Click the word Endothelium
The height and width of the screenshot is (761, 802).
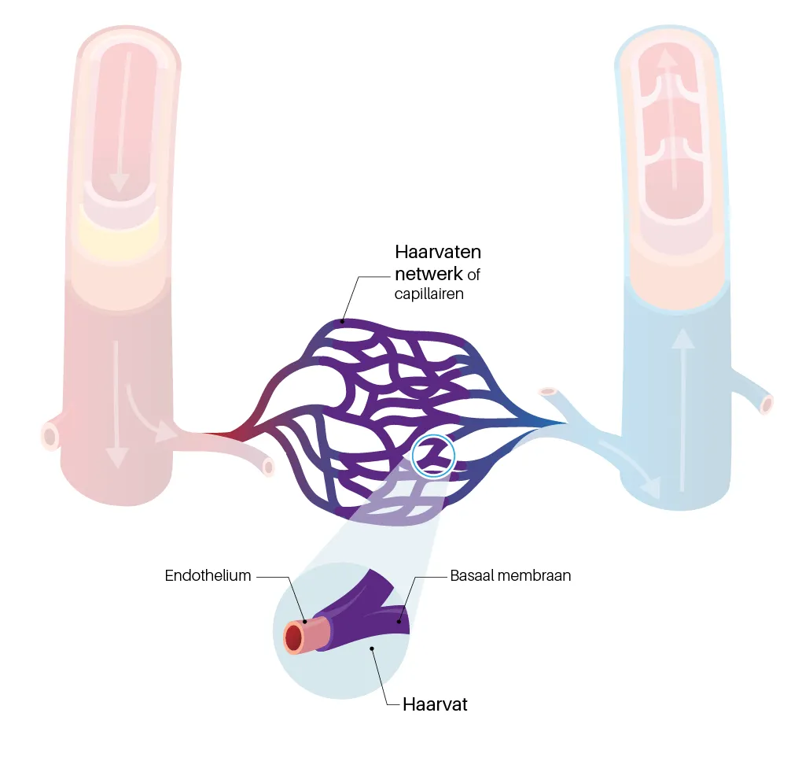click(x=208, y=575)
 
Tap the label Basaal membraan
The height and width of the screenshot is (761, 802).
click(x=510, y=575)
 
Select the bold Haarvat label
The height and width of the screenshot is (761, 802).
click(x=435, y=704)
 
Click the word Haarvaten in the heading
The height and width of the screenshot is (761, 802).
click(x=437, y=253)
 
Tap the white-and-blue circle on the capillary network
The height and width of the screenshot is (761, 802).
click(x=434, y=456)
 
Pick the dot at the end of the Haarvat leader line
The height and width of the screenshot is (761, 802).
click(x=372, y=648)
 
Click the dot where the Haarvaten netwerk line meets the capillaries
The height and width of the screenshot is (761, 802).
click(x=342, y=320)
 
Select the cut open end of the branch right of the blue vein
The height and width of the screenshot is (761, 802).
click(x=766, y=405)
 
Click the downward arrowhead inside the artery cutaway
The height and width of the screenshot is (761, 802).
click(x=120, y=183)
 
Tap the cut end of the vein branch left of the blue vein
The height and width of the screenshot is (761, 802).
click(x=547, y=391)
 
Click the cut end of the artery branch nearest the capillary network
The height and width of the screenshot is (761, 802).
click(x=269, y=467)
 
